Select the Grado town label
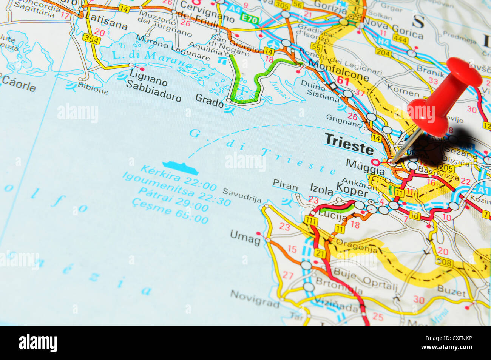point(209,100)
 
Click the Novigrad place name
point(255,298)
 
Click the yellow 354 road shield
point(92,39)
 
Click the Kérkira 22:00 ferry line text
point(179,178)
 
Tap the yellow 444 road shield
point(400,39)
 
